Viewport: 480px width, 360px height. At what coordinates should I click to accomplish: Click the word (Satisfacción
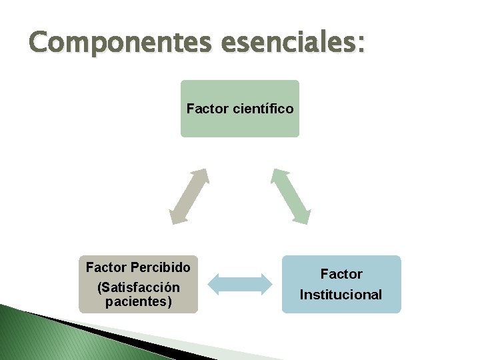[x=138, y=287]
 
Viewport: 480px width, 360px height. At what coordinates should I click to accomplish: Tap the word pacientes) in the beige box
[x=138, y=301]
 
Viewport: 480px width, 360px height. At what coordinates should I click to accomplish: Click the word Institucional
[x=341, y=294]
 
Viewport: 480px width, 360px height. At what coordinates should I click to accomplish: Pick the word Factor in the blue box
[x=341, y=274]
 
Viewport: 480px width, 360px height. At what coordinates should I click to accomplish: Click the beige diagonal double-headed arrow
[x=189, y=196]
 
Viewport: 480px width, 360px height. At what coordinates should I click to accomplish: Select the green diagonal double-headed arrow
[x=290, y=196]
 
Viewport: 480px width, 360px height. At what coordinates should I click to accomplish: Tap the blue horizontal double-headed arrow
[x=240, y=284]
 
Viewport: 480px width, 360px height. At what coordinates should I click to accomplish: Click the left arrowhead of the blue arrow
[x=214, y=284]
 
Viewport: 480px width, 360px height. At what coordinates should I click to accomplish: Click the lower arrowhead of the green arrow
[x=301, y=217]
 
